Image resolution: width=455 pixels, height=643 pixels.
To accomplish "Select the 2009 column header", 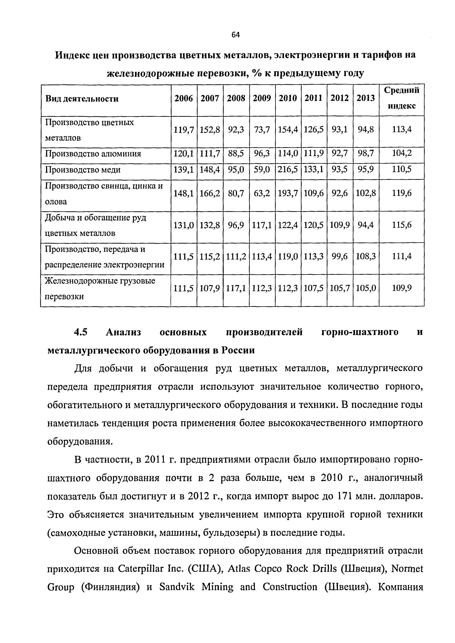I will point(262,98).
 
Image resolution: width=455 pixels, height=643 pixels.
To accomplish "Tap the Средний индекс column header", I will point(401,98).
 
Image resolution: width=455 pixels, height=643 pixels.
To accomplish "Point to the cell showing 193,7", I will point(288,193).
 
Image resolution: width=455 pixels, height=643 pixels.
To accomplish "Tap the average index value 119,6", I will point(401,193).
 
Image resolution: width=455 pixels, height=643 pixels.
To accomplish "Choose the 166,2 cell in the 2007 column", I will point(210,193).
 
